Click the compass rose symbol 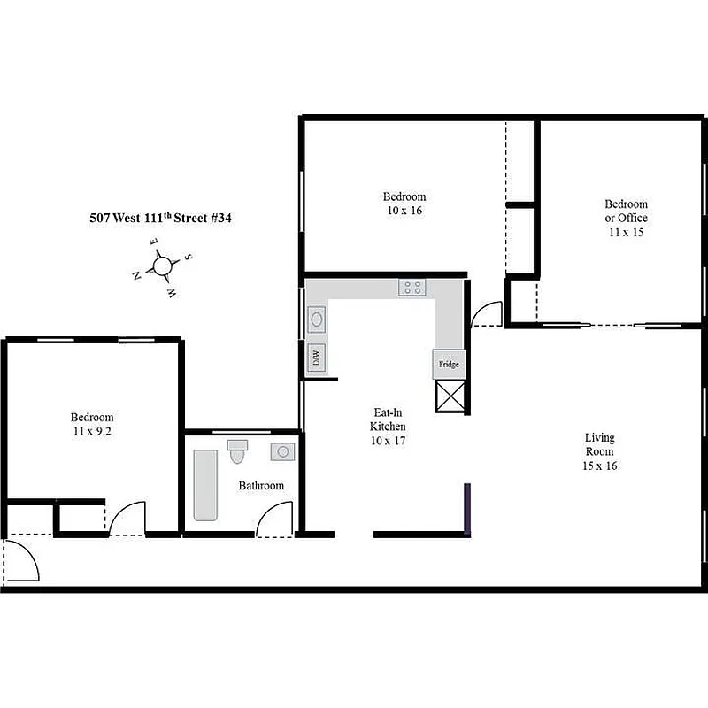pos(162,265)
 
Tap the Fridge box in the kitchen pos(448,364)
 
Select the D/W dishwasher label pos(316,358)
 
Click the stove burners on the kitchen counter pos(412,287)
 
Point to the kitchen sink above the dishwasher pos(316,320)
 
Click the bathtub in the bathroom pos(205,485)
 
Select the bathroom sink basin pos(283,451)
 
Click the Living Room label pos(599,451)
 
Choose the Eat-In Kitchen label pos(388,426)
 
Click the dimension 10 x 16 pos(404,211)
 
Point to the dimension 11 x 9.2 pos(92,432)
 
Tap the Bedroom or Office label pos(626,211)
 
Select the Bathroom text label pos(261,486)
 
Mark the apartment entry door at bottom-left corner pos(20,559)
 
